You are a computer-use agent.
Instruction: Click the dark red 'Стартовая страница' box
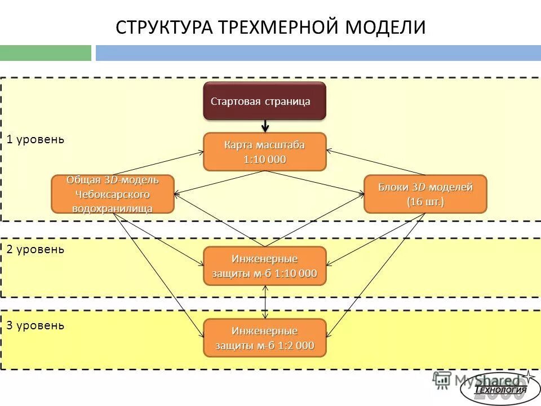[264, 101]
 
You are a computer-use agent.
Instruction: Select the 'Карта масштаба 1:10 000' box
[264, 152]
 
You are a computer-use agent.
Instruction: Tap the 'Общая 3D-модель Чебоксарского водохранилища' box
[113, 194]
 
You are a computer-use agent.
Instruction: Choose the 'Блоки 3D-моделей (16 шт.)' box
[425, 194]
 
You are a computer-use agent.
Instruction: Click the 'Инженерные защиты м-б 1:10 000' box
[264, 266]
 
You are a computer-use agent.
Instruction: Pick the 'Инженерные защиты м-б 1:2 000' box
[264, 338]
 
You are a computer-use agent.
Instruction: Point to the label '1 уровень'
[36, 139]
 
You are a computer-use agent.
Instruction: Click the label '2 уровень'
[36, 249]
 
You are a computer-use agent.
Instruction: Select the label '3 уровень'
[36, 325]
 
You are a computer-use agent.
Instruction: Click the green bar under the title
[45, 53]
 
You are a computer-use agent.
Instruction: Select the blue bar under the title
[318, 53]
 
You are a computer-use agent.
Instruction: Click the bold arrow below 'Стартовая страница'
[265, 126]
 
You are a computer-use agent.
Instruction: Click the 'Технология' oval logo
[493, 389]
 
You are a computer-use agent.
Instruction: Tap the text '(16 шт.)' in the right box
[425, 202]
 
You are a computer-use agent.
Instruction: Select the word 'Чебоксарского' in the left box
[113, 194]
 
